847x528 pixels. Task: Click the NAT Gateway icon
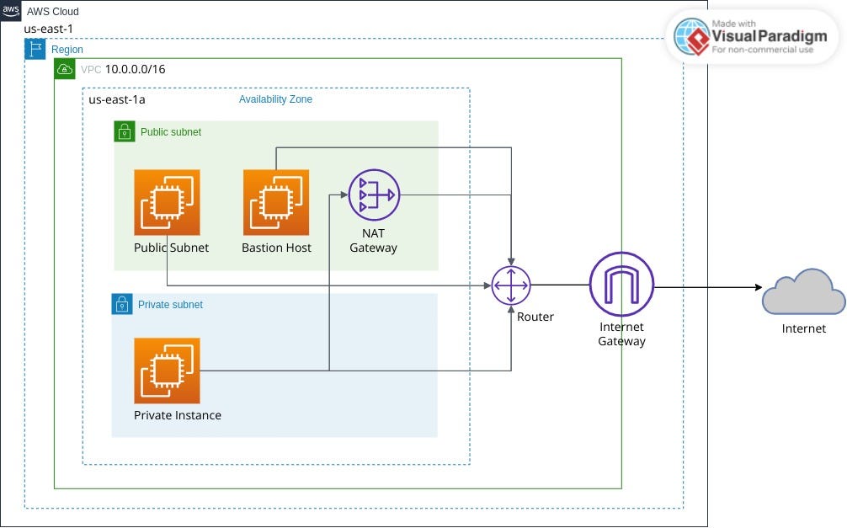[x=374, y=195]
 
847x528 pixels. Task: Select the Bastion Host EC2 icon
[x=275, y=202]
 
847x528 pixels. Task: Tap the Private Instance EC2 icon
[x=167, y=371]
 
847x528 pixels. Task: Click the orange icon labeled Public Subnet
[x=167, y=202]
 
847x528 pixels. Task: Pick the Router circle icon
[x=511, y=285]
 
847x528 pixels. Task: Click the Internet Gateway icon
[x=621, y=285]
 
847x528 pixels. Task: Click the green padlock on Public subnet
[x=125, y=132]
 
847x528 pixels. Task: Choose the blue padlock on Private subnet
[x=123, y=304]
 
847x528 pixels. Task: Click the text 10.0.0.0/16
[x=135, y=69]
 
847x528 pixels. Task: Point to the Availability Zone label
[x=275, y=99]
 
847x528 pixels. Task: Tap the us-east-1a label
[x=117, y=99]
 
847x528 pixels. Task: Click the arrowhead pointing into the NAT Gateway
[x=345, y=195]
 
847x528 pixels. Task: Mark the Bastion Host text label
[x=276, y=248]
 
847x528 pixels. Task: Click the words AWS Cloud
[x=52, y=12]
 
